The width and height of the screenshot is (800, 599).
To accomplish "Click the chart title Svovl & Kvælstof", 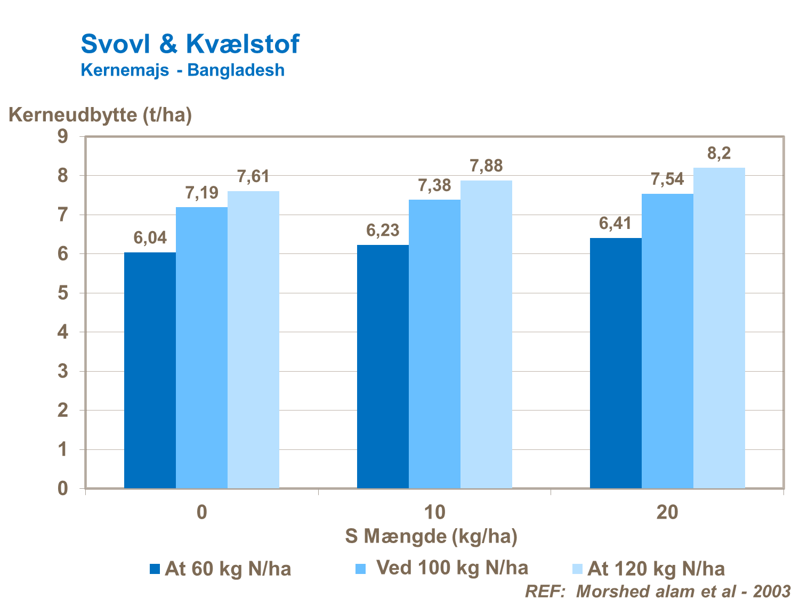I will point(190,44).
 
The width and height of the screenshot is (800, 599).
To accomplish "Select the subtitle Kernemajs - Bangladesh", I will point(182,70).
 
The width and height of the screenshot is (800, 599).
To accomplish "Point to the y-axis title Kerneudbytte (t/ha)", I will point(100,114).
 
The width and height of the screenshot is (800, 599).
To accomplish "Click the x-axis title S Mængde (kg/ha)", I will point(431,536).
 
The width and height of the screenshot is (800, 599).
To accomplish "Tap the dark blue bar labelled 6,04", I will point(150,370).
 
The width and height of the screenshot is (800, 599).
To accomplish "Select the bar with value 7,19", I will point(201,347).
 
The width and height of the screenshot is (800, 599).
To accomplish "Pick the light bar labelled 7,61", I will point(253,339).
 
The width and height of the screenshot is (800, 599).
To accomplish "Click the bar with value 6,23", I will point(383,366).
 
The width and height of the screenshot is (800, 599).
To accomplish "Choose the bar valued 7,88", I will point(486,334).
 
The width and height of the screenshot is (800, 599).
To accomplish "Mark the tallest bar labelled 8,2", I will point(719,327).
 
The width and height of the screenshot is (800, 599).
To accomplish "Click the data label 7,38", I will point(434,186).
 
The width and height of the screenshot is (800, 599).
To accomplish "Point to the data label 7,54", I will point(667,180).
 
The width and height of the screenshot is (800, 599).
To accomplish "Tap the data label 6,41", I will point(616,224).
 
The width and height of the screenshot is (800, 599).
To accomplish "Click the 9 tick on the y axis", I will point(63,137).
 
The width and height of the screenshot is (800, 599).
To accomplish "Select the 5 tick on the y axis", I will point(63,293).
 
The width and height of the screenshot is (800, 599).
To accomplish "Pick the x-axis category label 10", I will point(434,512).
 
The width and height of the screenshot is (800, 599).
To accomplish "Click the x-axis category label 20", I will point(667,512).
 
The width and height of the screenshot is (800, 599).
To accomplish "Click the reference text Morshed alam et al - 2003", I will point(658,592).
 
